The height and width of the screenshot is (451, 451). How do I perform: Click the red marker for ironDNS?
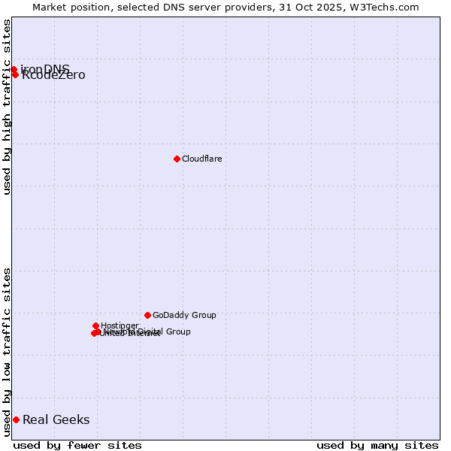(x=14, y=69)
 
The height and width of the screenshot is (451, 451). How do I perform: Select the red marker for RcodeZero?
(x=15, y=74)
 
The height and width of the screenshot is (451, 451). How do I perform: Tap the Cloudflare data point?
(x=177, y=159)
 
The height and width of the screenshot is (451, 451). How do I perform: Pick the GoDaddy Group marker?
(x=147, y=315)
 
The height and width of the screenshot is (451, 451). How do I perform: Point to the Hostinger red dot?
(x=95, y=325)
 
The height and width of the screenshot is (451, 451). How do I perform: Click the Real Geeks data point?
(x=16, y=419)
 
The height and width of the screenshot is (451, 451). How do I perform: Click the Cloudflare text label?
(x=201, y=159)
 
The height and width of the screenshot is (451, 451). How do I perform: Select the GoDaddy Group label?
(x=184, y=315)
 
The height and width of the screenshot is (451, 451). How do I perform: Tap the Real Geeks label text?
(x=56, y=419)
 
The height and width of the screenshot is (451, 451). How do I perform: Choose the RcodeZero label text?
(x=53, y=75)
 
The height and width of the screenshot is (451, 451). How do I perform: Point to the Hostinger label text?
(x=120, y=325)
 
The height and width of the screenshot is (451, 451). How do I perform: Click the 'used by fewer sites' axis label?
(x=77, y=445)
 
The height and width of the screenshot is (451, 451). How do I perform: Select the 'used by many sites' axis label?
(x=377, y=445)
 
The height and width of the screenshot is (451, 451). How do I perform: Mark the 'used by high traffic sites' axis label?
(x=7, y=107)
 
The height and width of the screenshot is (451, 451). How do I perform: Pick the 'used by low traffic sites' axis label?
(x=7, y=351)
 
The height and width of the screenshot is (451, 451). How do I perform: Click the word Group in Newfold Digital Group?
(x=177, y=331)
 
